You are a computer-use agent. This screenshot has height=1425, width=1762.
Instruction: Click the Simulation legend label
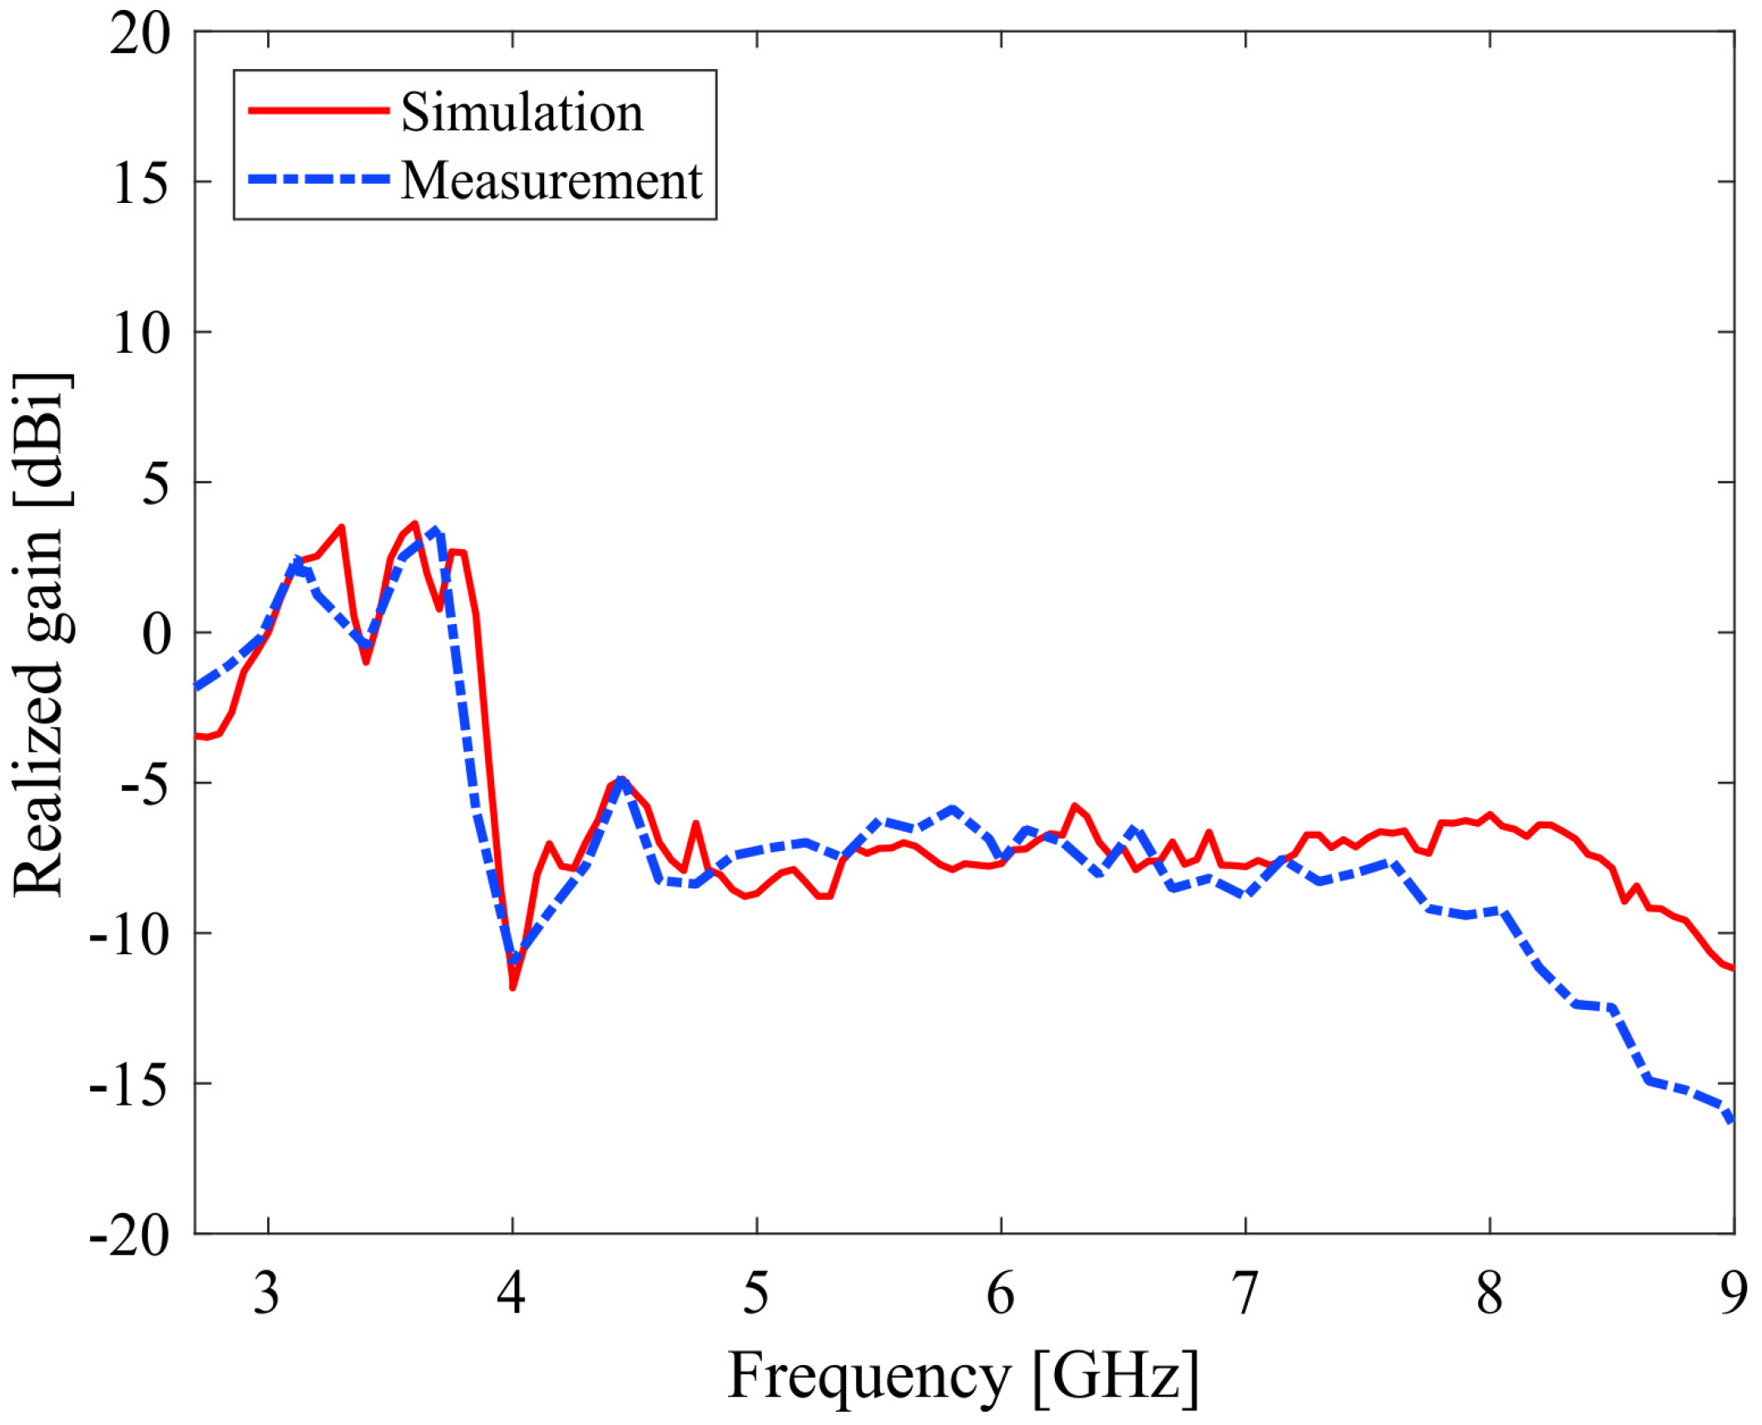point(522,112)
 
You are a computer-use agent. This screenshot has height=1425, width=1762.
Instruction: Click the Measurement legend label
point(552,181)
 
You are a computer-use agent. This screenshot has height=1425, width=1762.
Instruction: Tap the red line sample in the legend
point(319,111)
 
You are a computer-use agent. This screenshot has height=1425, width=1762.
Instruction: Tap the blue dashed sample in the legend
point(319,180)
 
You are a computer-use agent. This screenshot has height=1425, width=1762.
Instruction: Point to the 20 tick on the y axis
point(139,36)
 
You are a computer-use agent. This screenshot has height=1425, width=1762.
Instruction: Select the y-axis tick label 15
point(141,184)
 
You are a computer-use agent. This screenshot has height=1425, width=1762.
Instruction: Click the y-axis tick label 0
point(156,635)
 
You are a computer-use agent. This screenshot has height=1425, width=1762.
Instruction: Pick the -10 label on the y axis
point(129,936)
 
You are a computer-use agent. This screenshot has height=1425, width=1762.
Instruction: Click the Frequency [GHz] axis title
point(963,1377)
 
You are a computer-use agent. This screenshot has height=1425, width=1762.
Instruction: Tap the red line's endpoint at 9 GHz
point(1733,968)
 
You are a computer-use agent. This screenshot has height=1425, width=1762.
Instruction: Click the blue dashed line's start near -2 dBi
point(197,686)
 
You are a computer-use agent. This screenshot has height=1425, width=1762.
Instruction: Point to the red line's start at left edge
point(197,735)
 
